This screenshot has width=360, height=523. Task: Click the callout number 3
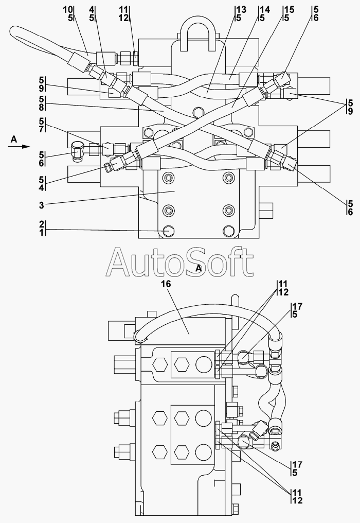tap(41, 205)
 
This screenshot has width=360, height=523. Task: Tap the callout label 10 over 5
tap(68, 14)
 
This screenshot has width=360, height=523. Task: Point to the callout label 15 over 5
tap(289, 14)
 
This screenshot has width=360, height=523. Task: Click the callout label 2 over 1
tap(42, 229)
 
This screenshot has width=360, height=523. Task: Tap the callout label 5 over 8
tap(42, 103)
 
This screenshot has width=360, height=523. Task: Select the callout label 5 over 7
tap(42, 125)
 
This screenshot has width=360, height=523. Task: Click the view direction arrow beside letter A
tap(19, 146)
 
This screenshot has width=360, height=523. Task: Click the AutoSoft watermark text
tap(179, 263)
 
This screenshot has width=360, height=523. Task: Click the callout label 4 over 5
tap(92, 14)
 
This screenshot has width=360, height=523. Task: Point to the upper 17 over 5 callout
tap(297, 310)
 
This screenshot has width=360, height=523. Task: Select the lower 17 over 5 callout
tap(297, 468)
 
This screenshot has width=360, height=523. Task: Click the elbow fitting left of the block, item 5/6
tap(77, 151)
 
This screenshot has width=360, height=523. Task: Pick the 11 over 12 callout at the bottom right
tap(297, 496)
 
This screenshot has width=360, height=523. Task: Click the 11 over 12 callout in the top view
tap(123, 14)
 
